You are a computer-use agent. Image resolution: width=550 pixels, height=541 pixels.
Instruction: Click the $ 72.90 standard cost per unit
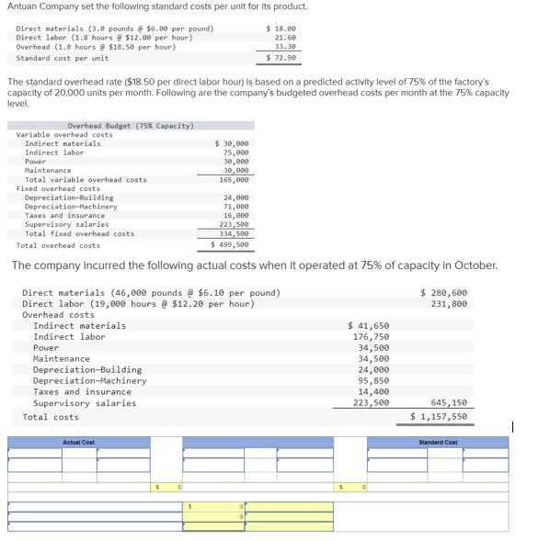[281, 58]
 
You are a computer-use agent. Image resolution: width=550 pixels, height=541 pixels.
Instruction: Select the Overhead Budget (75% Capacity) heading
[130, 125]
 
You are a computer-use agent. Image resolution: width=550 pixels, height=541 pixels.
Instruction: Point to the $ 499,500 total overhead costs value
[230, 245]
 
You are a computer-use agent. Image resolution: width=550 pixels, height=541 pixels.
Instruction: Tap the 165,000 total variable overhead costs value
[234, 179]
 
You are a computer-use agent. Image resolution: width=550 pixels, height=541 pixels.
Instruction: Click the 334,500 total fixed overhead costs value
[234, 233]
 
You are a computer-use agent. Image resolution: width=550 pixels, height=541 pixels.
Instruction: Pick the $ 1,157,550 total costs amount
[439, 416]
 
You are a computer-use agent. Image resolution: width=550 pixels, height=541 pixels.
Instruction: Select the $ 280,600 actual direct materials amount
[443, 292]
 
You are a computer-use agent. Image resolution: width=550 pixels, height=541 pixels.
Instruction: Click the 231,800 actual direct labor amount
[448, 303]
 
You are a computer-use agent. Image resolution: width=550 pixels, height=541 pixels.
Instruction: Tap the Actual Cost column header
[78, 443]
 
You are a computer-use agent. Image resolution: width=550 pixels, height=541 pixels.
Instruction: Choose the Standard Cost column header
[438, 443]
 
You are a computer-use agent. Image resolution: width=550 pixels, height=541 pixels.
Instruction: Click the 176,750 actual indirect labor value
[372, 336]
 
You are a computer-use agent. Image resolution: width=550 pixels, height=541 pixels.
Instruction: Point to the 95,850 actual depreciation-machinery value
[373, 380]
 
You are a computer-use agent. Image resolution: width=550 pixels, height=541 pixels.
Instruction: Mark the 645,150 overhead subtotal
[448, 402]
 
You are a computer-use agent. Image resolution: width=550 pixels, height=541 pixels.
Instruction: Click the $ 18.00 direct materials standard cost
[281, 28]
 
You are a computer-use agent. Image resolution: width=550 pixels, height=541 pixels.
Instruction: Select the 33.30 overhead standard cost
[285, 46]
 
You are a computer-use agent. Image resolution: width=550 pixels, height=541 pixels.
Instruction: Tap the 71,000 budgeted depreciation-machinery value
[235, 207]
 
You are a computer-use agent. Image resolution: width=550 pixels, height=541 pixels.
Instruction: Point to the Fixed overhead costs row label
[58, 188]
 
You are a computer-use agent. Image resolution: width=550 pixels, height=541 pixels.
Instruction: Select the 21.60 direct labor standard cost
[285, 38]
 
